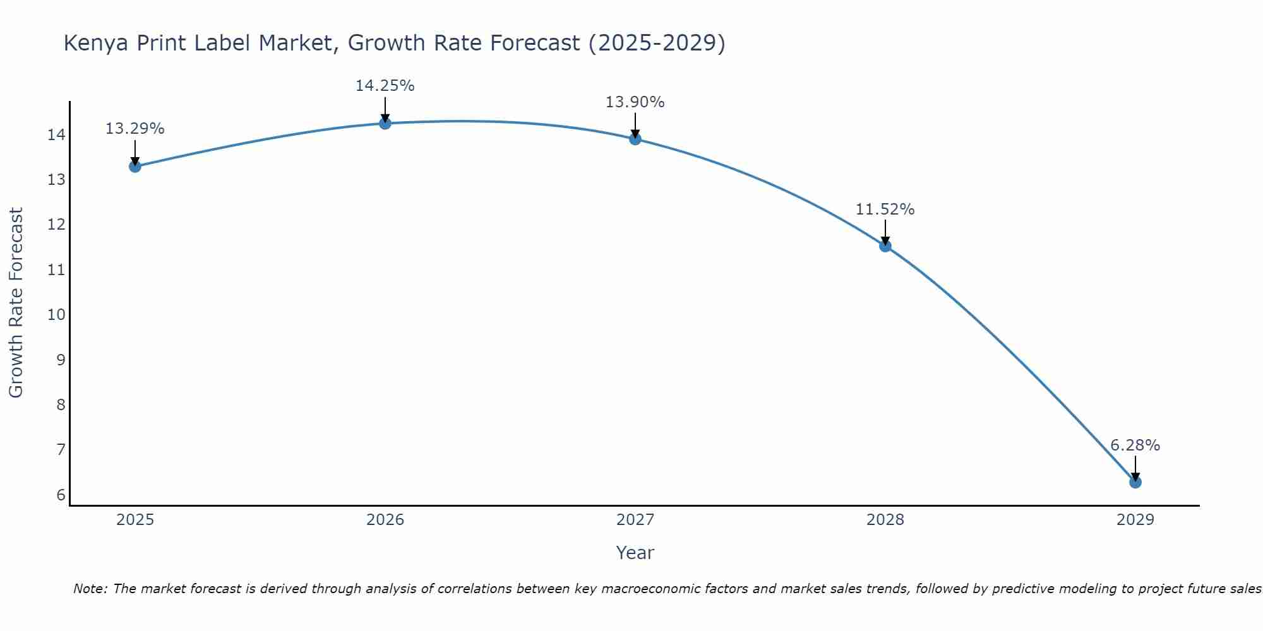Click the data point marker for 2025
click(135, 167)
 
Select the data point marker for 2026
click(385, 123)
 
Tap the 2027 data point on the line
click(635, 139)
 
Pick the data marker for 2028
click(885, 246)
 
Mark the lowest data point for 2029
click(1135, 482)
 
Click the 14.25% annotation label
click(385, 86)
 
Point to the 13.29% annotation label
click(135, 129)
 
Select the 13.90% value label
click(635, 102)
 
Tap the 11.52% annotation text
click(885, 209)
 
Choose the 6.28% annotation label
click(1135, 445)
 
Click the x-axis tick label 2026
click(385, 520)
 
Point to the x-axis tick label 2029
click(1135, 520)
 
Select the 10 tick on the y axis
click(56, 315)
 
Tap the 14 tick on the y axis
click(56, 135)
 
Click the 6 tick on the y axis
click(61, 495)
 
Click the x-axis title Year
click(635, 553)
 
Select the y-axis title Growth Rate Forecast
click(16, 303)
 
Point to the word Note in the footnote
click(91, 589)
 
